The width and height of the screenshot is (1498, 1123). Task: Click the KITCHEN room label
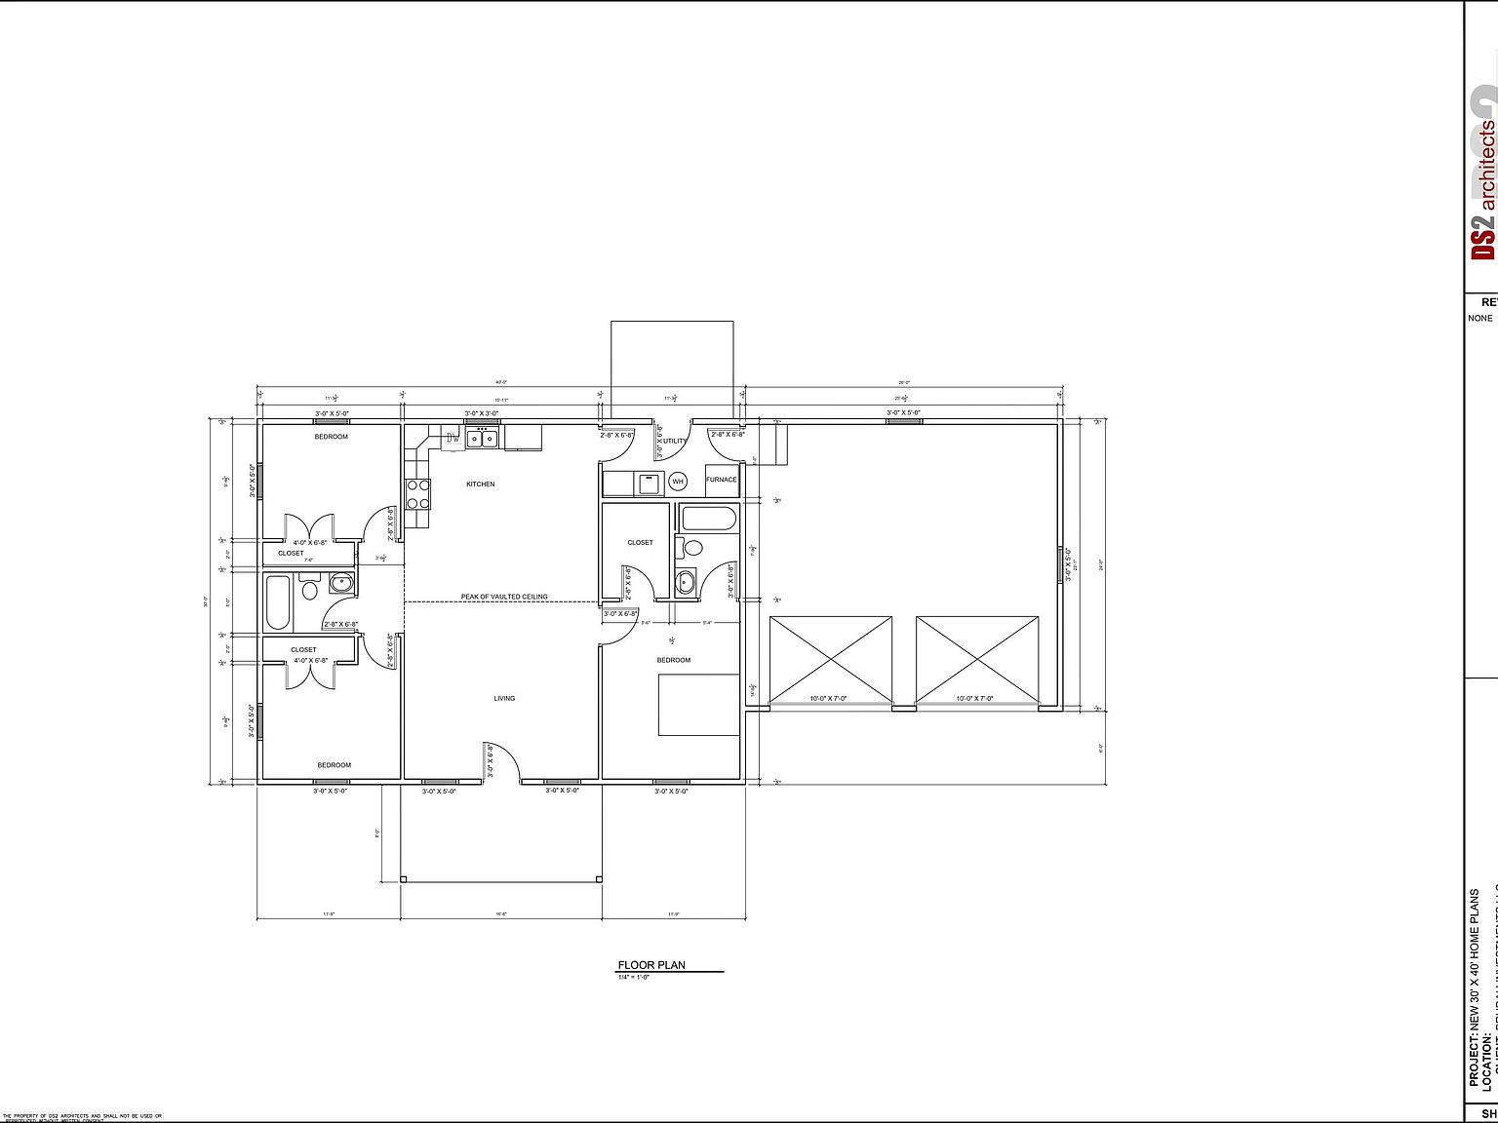480,484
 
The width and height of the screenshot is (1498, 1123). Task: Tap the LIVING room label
504,698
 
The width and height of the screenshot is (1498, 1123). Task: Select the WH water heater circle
678,482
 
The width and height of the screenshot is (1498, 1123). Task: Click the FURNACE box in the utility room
722,480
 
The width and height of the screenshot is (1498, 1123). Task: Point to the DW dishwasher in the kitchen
453,439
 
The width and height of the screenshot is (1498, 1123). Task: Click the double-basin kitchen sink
482,438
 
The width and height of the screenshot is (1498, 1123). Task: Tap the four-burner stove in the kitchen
418,494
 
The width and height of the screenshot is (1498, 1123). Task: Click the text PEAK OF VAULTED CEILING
504,597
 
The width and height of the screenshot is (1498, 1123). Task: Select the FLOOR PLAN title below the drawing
651,965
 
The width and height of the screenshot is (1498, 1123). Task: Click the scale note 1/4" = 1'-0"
634,977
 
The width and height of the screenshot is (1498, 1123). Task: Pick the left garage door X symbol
831,659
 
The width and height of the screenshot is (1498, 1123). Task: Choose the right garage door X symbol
977,659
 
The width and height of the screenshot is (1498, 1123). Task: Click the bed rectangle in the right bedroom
698,704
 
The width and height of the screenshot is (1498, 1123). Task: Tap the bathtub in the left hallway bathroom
277,602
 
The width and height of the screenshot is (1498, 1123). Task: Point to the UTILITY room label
675,442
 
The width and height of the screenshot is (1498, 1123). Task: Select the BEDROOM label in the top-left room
331,437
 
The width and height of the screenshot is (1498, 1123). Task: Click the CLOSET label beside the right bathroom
640,543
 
